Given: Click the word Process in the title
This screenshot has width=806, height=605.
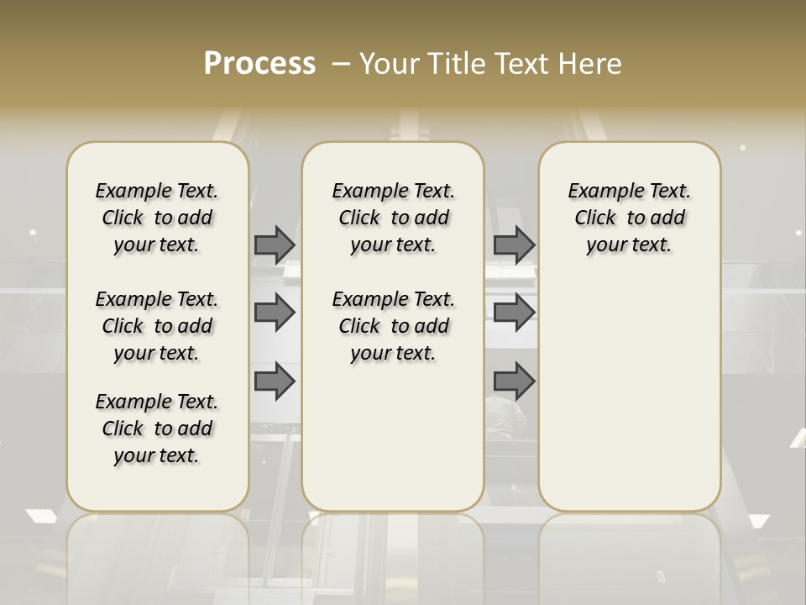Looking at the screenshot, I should [x=259, y=63].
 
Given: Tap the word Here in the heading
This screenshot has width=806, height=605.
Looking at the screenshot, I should [x=591, y=63].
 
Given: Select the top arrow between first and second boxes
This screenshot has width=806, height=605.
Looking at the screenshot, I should [x=275, y=245].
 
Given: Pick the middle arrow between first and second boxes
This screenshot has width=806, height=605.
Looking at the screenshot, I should [x=275, y=313].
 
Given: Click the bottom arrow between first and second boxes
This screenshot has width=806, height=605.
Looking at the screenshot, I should [x=275, y=381].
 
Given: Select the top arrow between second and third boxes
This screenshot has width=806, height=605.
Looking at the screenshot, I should [x=514, y=245].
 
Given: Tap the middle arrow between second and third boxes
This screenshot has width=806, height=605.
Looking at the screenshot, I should [x=514, y=313].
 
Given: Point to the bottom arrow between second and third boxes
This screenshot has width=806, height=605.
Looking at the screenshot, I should [x=514, y=381].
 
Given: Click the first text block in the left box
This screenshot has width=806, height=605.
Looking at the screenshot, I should [x=157, y=218].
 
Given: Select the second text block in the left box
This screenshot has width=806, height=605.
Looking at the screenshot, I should [x=157, y=326].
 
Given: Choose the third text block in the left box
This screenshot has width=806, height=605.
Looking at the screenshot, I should [x=157, y=429].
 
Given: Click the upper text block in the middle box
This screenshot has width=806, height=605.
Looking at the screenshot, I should [x=394, y=218].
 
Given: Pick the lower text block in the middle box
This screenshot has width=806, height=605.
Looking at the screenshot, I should [x=394, y=326].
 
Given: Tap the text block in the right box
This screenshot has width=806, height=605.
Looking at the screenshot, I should [x=630, y=218].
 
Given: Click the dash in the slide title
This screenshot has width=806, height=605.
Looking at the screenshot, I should [x=342, y=63].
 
